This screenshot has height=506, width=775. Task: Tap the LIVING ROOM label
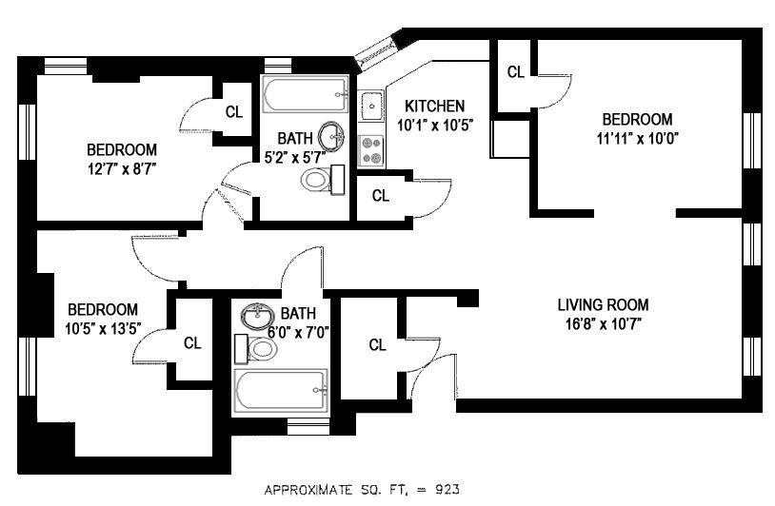click(x=603, y=305)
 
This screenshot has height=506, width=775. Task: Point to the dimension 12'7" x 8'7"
click(x=121, y=167)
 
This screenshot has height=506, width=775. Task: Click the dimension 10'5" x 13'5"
click(x=103, y=328)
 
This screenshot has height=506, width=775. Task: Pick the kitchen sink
click(x=371, y=105)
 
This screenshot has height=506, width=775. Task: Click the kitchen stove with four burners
click(x=371, y=150)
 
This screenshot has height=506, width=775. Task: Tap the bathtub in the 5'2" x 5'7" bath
click(x=305, y=96)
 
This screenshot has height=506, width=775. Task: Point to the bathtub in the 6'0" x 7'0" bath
click(x=281, y=389)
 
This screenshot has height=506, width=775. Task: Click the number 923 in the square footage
click(x=448, y=490)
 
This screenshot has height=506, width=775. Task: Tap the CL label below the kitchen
click(x=381, y=197)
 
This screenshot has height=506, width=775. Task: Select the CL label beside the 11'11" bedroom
click(x=515, y=72)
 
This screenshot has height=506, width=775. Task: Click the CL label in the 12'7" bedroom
click(x=234, y=111)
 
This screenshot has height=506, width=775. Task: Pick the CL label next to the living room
click(x=377, y=345)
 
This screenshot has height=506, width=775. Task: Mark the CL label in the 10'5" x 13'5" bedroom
click(x=192, y=342)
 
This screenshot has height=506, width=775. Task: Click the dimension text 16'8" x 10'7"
click(x=603, y=323)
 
